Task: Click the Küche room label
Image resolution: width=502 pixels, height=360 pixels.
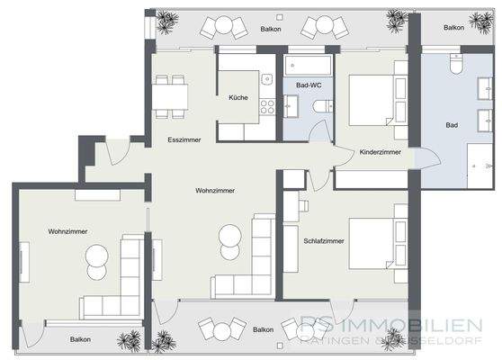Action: pos(238,97)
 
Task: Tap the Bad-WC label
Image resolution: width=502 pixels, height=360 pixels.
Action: pos(308,85)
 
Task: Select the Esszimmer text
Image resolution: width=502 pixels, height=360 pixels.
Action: pos(184,141)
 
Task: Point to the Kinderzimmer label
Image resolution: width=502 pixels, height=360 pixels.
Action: pos(380,153)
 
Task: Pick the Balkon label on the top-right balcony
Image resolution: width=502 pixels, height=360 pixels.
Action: pos(454,27)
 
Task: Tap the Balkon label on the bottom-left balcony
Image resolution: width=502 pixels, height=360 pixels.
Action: pos(79,339)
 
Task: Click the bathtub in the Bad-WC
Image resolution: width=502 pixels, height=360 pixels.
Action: pos(309,66)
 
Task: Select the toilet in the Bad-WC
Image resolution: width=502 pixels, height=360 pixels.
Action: pos(318,107)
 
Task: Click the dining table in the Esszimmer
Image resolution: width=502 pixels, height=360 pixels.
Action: pos(169,93)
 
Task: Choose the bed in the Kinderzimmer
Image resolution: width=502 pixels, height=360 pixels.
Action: pos(370,99)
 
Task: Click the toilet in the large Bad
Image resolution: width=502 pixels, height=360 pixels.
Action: pos(454,67)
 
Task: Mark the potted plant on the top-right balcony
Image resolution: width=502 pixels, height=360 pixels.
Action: pos(393,18)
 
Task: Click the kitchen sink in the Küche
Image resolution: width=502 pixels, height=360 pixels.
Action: pos(267,82)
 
